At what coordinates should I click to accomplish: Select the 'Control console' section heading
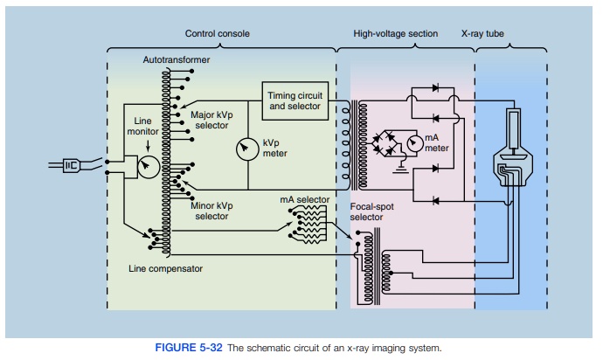pos(217,34)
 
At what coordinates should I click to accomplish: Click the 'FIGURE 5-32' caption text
pos(187,348)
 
